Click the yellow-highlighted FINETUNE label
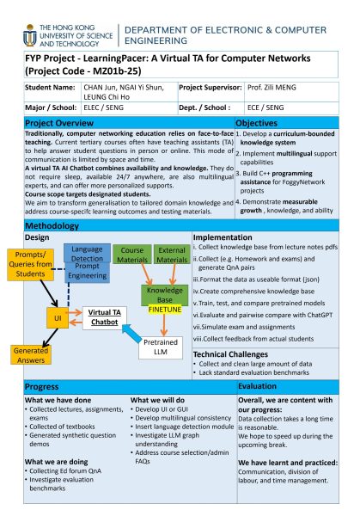(x=163, y=306)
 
